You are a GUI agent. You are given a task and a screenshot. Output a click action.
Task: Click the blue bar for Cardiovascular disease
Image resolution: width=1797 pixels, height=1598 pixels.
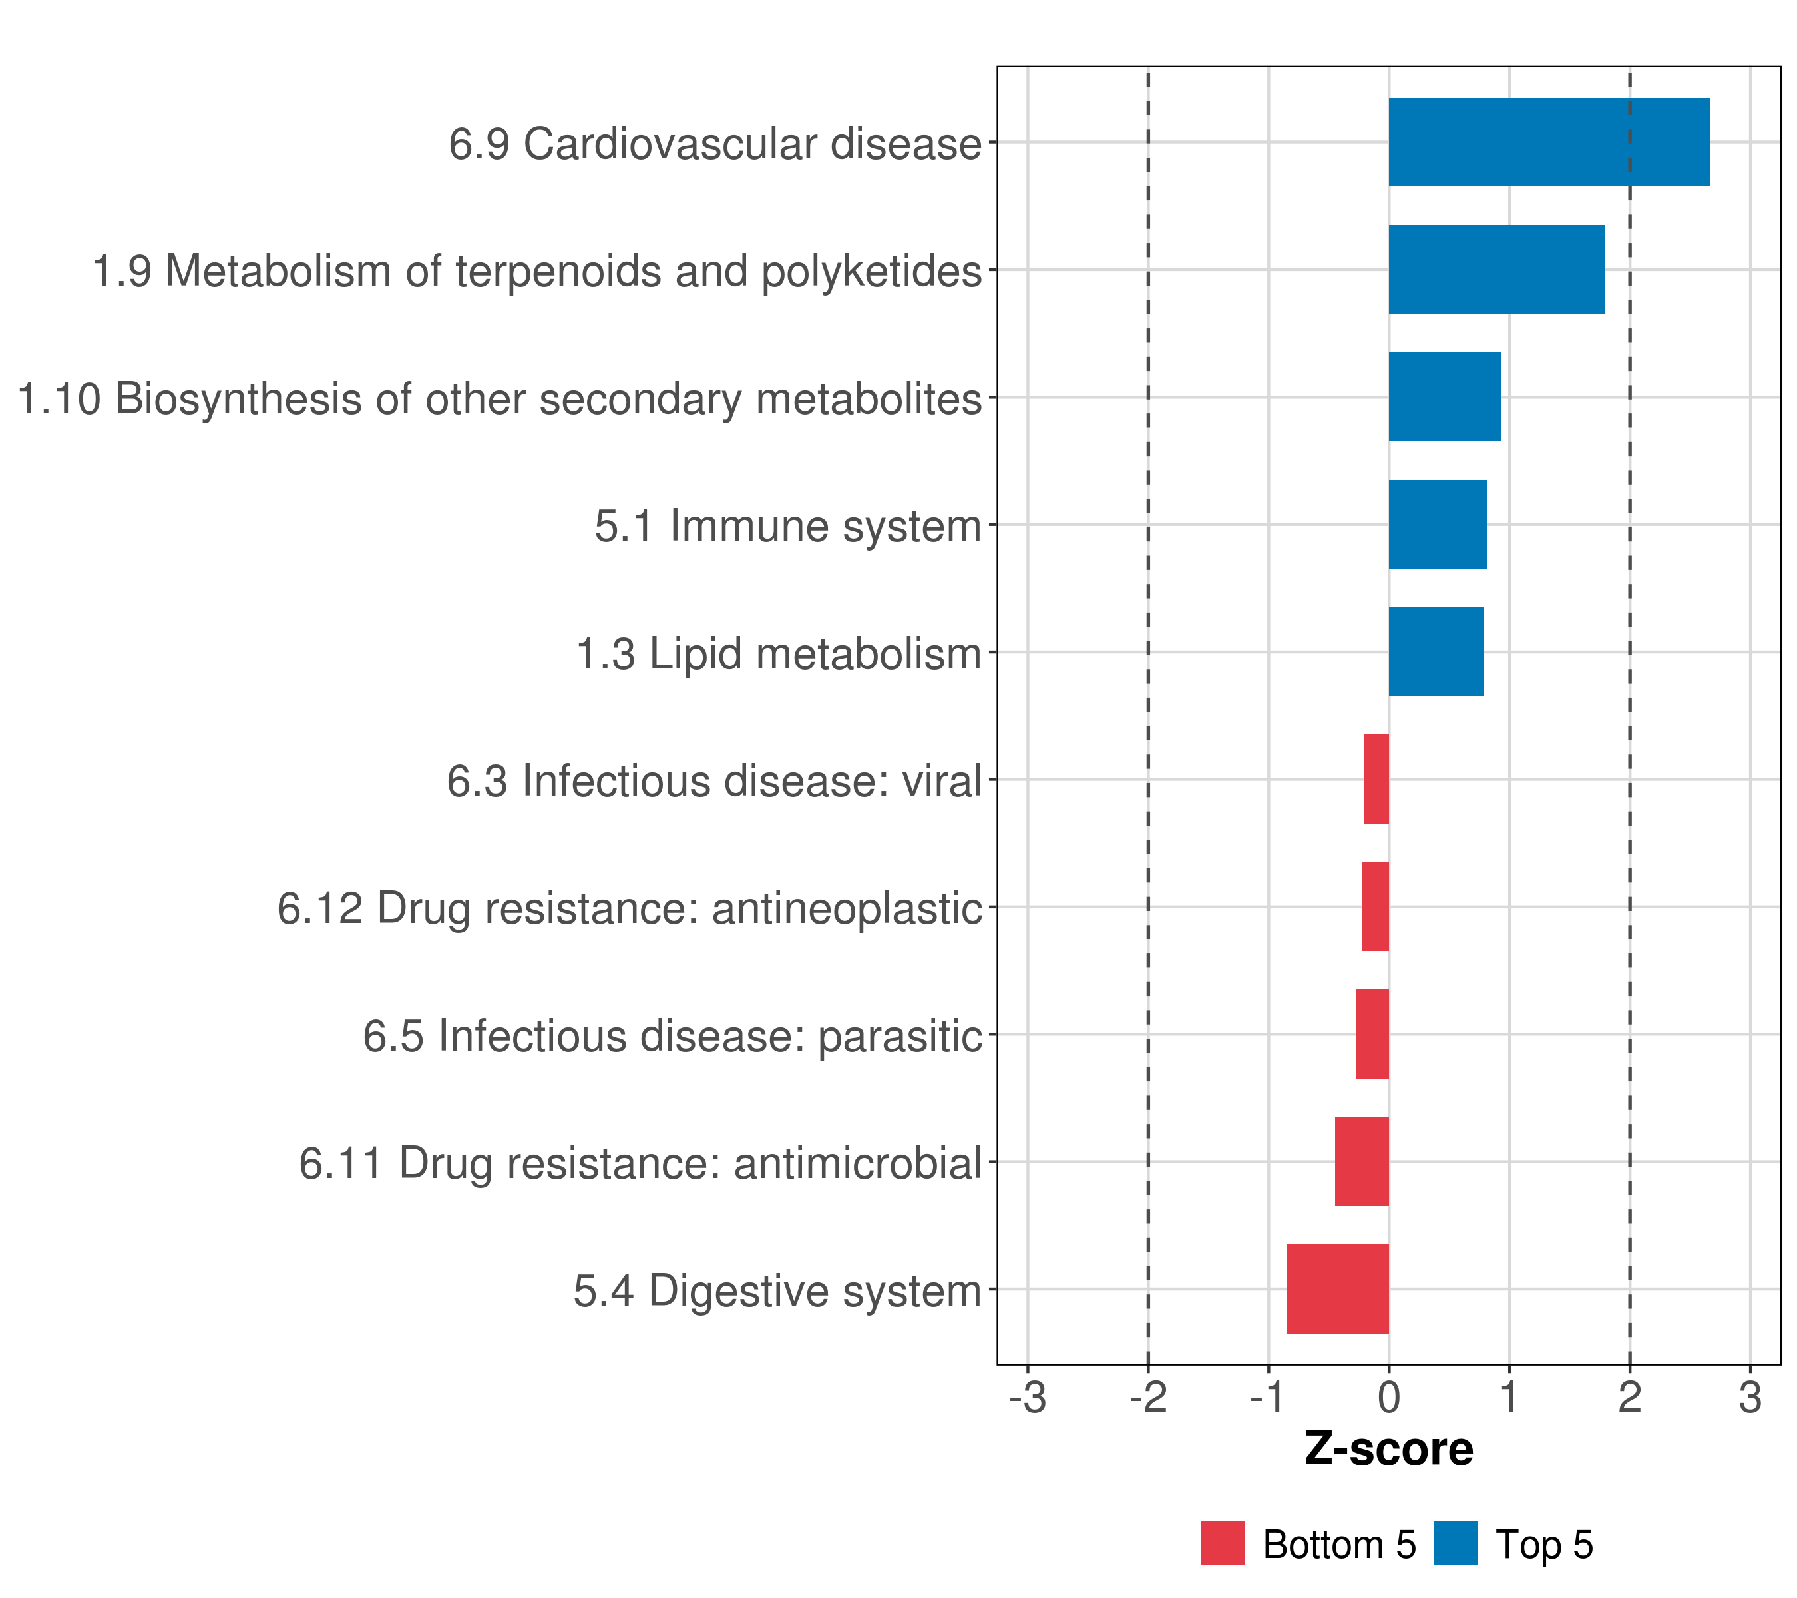point(1548,142)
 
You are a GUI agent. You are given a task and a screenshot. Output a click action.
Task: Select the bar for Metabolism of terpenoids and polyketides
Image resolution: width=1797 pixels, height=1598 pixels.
point(1496,270)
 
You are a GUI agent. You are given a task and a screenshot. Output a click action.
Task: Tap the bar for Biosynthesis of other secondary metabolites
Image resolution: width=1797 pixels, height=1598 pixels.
point(1444,397)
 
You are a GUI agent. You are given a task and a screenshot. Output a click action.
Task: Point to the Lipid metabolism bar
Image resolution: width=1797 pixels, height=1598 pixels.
point(1435,652)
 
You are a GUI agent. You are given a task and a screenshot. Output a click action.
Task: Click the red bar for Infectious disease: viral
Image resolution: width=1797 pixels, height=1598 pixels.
point(1376,779)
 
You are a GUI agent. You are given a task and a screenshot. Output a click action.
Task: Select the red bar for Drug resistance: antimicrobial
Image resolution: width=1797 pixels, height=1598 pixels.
point(1361,1162)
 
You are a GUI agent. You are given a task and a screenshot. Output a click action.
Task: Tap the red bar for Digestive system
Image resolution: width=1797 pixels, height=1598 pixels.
point(1337,1289)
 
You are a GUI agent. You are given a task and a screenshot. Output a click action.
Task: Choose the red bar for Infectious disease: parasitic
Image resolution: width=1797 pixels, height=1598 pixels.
point(1372,1034)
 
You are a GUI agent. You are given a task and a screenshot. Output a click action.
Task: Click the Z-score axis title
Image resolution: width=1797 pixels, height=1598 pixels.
point(1388,1448)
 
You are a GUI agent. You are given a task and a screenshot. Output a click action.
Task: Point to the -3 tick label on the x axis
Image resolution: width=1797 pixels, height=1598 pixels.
point(1027,1398)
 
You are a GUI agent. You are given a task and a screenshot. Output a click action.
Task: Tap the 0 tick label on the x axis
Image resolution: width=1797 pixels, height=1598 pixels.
point(1388,1398)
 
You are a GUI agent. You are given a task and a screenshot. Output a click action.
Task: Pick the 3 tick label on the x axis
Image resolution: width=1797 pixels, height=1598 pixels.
point(1750,1398)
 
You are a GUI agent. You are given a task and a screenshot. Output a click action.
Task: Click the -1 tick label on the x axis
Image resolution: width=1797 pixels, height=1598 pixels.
point(1268,1398)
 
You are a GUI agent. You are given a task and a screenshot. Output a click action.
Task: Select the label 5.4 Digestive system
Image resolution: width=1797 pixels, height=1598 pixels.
point(777,1291)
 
